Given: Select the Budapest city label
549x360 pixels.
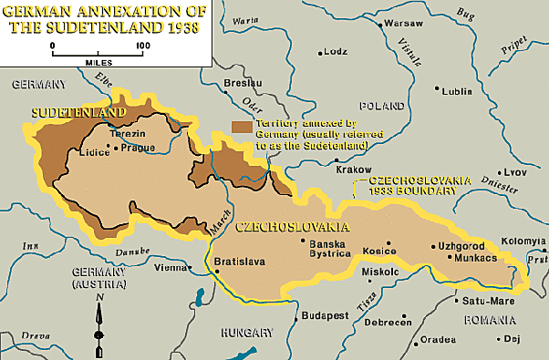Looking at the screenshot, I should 326,314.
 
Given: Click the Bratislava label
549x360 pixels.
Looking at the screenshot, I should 238,262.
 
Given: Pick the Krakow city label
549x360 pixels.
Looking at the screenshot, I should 354,170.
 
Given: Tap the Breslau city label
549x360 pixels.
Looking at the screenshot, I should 235,83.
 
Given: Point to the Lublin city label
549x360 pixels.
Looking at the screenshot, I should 459,91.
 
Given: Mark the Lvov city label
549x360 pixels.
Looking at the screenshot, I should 516,171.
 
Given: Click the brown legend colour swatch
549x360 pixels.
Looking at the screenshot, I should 242,127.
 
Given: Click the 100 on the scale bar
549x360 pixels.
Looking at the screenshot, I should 142,44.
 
